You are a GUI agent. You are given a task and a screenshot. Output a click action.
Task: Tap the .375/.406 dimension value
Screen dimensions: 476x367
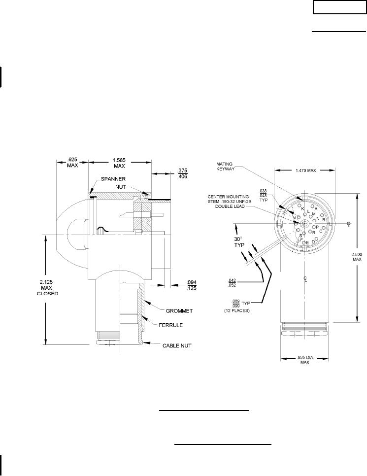[183, 173]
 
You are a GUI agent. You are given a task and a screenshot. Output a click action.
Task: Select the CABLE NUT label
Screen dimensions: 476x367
[177, 345]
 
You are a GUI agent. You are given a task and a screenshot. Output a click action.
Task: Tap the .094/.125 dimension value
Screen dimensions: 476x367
[189, 285]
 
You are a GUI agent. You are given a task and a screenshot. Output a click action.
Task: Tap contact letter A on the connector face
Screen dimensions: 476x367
[316, 209]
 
